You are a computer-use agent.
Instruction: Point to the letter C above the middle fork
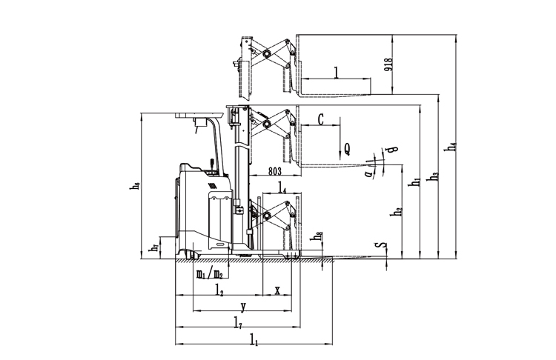(x=321, y=119)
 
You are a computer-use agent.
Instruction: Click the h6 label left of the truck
(x=135, y=187)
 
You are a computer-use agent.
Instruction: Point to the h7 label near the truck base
(x=153, y=247)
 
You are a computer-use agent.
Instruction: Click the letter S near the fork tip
(x=380, y=244)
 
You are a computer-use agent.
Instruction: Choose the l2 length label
(x=219, y=291)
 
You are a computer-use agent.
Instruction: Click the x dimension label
(x=277, y=290)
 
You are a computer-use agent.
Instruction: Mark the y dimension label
(x=243, y=306)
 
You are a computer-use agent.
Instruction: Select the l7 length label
(x=237, y=323)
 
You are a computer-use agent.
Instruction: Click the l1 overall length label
(x=254, y=341)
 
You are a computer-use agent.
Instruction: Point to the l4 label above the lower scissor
(x=283, y=187)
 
